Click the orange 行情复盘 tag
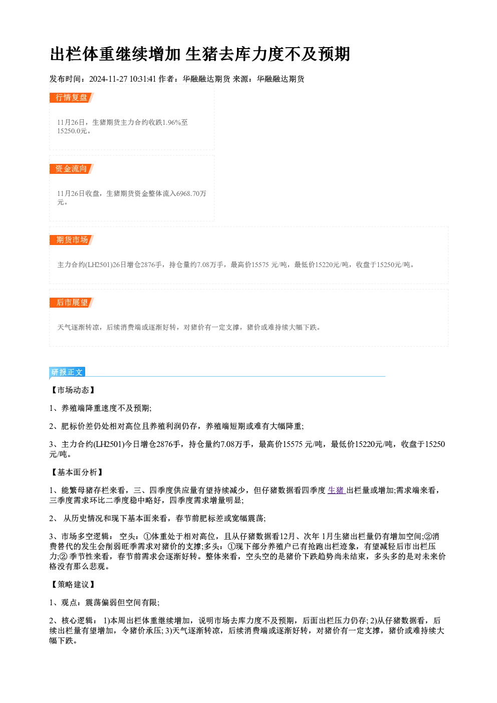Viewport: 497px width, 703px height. pyautogui.click(x=71, y=98)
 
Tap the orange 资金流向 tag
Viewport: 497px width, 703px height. pyautogui.click(x=71, y=169)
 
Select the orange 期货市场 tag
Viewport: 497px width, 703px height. pyautogui.click(x=71, y=240)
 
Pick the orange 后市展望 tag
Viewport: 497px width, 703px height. pyautogui.click(x=71, y=303)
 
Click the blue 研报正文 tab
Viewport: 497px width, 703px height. pyautogui.click(x=67, y=372)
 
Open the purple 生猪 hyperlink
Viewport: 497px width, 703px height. pyautogui.click(x=336, y=490)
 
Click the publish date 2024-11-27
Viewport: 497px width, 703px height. pyautogui.click(x=108, y=79)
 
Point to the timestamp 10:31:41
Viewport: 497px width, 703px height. pyautogui.click(x=143, y=79)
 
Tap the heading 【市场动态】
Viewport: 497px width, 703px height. pyautogui.click(x=73, y=390)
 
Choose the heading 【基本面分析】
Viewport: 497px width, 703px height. pyautogui.click(x=77, y=473)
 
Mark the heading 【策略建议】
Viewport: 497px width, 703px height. pyautogui.click(x=73, y=584)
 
